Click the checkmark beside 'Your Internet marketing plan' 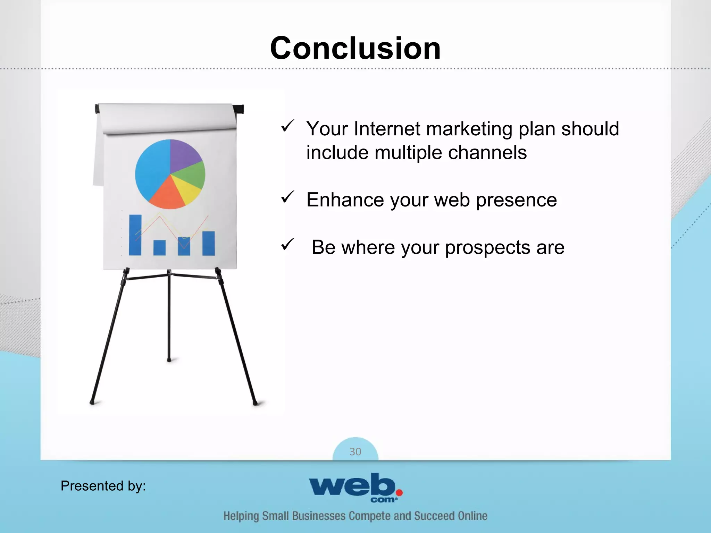[287, 126]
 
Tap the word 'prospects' [487, 247]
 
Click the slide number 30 [355, 451]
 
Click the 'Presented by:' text [103, 485]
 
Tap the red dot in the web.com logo [399, 492]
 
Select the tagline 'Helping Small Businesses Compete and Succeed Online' [355, 516]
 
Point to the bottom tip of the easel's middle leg [169, 360]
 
